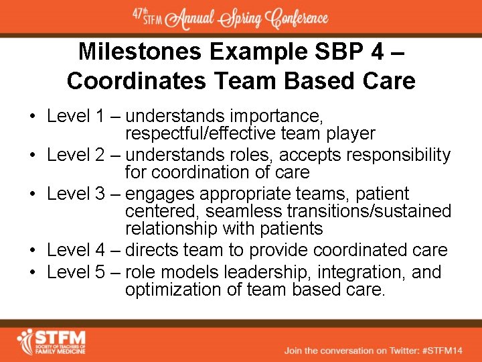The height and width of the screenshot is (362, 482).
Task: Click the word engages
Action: click(155, 194)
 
